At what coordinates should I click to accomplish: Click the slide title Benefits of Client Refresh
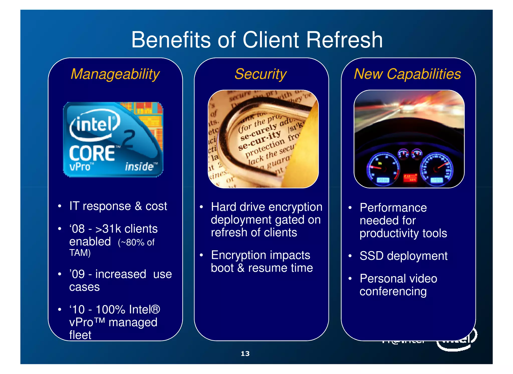pos(257,40)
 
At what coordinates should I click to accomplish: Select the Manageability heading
pos(115,74)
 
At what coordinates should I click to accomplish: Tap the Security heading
pos(261,74)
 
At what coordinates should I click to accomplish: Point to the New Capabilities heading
pos(407,74)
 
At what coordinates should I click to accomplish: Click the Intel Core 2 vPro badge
pos(113,139)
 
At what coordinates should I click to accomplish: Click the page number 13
pos(245,353)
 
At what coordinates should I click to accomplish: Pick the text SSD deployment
pos(403,256)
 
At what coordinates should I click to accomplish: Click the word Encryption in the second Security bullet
pos(238,255)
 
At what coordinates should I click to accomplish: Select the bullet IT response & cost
pos(118,206)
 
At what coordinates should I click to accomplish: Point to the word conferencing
pos(393,291)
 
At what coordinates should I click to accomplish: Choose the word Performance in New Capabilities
pos(393,208)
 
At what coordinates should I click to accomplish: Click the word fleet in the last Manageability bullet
pos(80,335)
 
